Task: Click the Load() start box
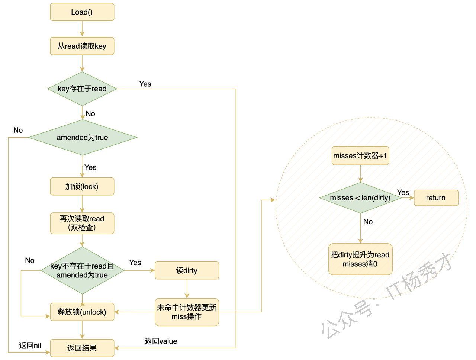pos(82,12)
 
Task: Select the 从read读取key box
pos(82,46)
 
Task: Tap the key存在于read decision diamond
pos(82,89)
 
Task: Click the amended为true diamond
pos(82,138)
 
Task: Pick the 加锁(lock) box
pos(82,186)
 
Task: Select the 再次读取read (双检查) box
pos(82,223)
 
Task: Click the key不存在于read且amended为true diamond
pos(82,270)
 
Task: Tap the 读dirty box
pos(187,270)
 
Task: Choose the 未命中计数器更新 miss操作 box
pos(187,312)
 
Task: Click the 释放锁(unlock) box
pos(82,312)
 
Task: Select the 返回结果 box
pos(82,348)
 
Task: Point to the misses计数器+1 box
pos(360,155)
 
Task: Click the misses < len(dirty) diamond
pos(360,198)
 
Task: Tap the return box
pos(436,198)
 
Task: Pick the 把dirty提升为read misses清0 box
pos(360,259)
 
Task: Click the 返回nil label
pos(30,345)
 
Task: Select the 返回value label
pos(161,341)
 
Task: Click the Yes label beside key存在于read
pos(145,84)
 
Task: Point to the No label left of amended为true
pos(18,130)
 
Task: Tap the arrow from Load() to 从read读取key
pos(82,29)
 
